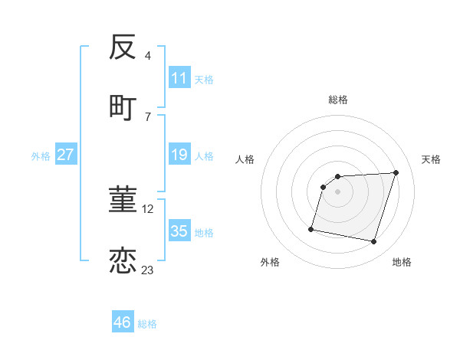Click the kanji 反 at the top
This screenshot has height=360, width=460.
123,48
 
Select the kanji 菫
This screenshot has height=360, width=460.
123,201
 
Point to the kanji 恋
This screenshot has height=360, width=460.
123,260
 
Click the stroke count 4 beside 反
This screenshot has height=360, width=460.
148,56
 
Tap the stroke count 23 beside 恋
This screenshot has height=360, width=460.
147,270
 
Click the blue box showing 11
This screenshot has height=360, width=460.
179,78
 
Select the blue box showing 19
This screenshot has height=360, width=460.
179,155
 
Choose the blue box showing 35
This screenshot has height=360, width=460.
179,231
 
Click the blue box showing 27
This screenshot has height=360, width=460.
66,155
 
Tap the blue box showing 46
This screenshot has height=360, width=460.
123,322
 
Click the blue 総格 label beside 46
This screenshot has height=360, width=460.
148,324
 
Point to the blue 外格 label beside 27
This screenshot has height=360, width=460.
41,156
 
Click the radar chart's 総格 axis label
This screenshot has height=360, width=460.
338,100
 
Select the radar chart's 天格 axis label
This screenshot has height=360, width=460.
431,159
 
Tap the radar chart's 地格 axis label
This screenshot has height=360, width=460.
402,262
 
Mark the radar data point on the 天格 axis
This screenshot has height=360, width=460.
396,173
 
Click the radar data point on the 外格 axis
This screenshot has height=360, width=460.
311,228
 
